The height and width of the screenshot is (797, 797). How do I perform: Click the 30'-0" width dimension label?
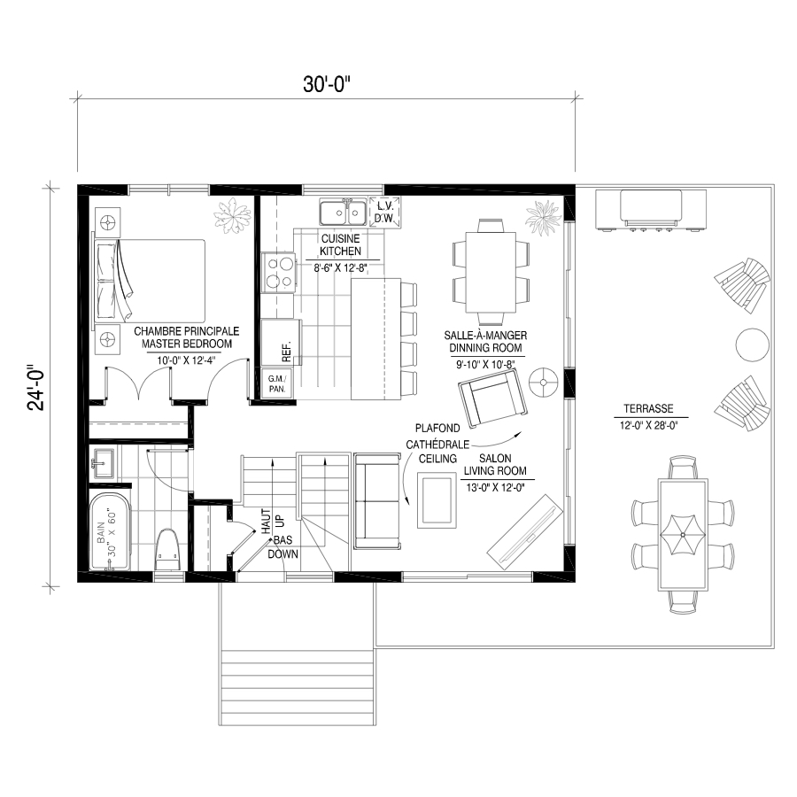327,84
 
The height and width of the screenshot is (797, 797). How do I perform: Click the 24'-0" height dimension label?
36,387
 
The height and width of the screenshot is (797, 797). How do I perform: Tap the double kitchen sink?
343,212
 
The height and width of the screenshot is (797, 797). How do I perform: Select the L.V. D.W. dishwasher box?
383,212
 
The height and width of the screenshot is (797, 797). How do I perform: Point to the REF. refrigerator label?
286,352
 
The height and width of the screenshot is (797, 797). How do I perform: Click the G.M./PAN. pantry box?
277,383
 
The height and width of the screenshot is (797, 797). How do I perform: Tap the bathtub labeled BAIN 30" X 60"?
110,531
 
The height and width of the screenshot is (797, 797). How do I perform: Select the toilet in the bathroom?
166,551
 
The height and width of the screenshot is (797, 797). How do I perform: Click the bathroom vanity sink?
104,462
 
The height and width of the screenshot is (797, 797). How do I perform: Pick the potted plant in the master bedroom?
232,215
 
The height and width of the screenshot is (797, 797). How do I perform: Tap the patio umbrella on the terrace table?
682,535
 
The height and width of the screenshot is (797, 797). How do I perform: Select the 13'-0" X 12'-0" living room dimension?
495,488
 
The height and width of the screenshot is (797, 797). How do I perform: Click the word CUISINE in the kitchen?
341,238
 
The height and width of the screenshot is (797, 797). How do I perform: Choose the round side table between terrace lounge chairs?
752,344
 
